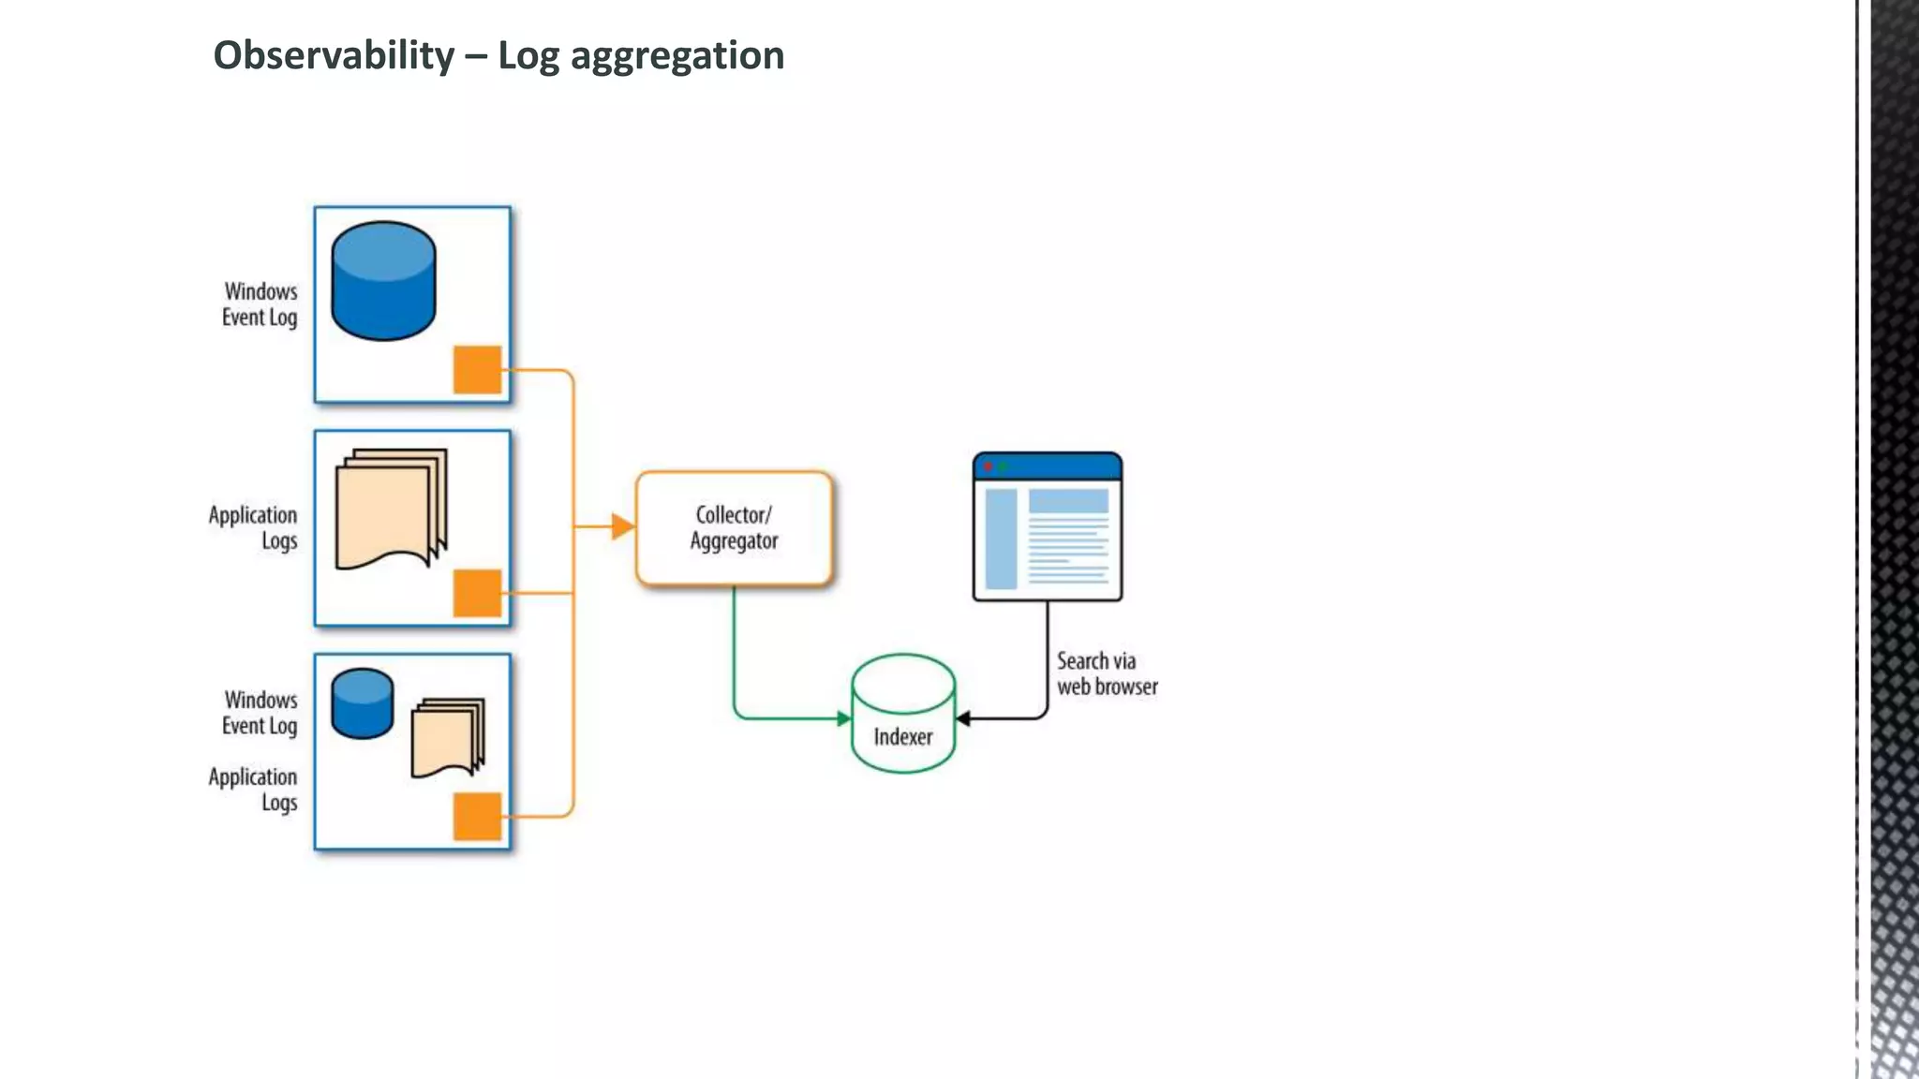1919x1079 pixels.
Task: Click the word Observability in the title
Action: [x=334, y=55]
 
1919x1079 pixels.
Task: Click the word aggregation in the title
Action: [x=677, y=56]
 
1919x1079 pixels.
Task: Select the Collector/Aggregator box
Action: [x=734, y=528]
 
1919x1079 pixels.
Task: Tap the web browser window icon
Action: [x=1047, y=527]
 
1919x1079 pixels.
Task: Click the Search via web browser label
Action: [x=1107, y=673]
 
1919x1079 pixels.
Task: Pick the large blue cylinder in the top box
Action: [x=383, y=281]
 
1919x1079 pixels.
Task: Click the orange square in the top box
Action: [x=477, y=369]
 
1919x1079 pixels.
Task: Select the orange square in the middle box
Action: [x=477, y=593]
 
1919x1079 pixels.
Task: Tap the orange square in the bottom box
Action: [x=477, y=816]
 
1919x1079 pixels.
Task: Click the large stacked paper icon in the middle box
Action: [x=391, y=509]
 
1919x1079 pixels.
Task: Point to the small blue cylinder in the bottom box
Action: [x=362, y=703]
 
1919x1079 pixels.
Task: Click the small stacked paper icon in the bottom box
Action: [x=448, y=737]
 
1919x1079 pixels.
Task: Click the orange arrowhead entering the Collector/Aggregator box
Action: [x=622, y=526]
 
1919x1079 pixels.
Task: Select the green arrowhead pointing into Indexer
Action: [x=843, y=718]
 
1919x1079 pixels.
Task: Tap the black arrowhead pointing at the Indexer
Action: [x=963, y=718]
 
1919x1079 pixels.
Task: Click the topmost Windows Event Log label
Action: [x=260, y=304]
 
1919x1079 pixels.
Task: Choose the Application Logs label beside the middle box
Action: [x=253, y=527]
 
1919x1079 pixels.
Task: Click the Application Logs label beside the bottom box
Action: [x=253, y=789]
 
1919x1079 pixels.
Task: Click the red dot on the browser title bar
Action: [x=988, y=466]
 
